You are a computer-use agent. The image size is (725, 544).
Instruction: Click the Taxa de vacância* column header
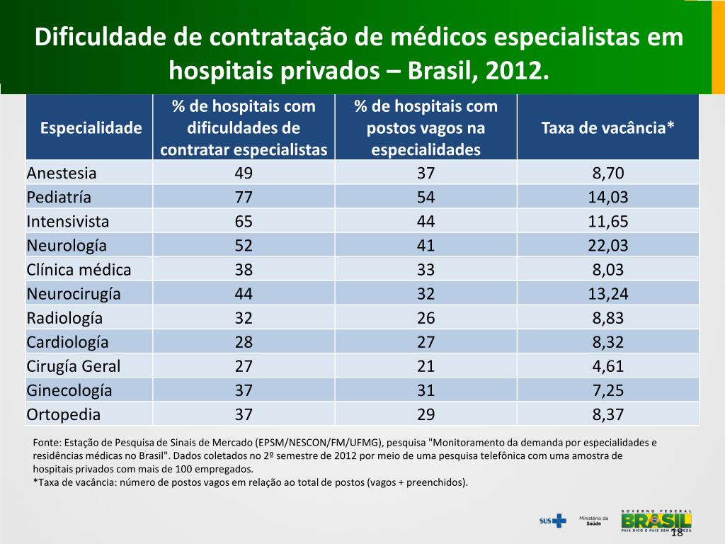(x=607, y=128)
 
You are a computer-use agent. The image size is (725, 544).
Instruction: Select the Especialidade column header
(x=91, y=128)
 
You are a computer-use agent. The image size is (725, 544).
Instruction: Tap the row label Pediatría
(x=59, y=197)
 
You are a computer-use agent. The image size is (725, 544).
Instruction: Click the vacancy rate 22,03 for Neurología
(x=608, y=245)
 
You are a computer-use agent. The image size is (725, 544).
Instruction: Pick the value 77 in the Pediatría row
(x=244, y=197)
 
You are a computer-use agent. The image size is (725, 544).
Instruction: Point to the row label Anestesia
(x=62, y=173)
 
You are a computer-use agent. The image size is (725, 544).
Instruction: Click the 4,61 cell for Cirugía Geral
(x=608, y=365)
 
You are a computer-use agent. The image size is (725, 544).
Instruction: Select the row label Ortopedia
(x=64, y=414)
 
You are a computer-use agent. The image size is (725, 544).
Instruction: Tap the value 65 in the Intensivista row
(x=244, y=221)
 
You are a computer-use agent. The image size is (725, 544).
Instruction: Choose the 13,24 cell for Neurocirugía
(x=608, y=293)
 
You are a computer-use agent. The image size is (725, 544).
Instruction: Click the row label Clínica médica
(x=79, y=269)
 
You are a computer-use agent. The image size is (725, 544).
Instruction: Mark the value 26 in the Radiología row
(x=426, y=317)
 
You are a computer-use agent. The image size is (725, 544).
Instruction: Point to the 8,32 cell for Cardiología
(x=608, y=341)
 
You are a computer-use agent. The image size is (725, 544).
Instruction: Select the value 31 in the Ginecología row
(x=426, y=390)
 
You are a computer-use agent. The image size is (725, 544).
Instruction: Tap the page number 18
(x=676, y=533)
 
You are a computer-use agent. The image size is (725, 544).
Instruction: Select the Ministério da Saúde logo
(x=594, y=521)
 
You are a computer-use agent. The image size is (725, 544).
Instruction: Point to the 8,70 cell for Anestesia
(x=608, y=173)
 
